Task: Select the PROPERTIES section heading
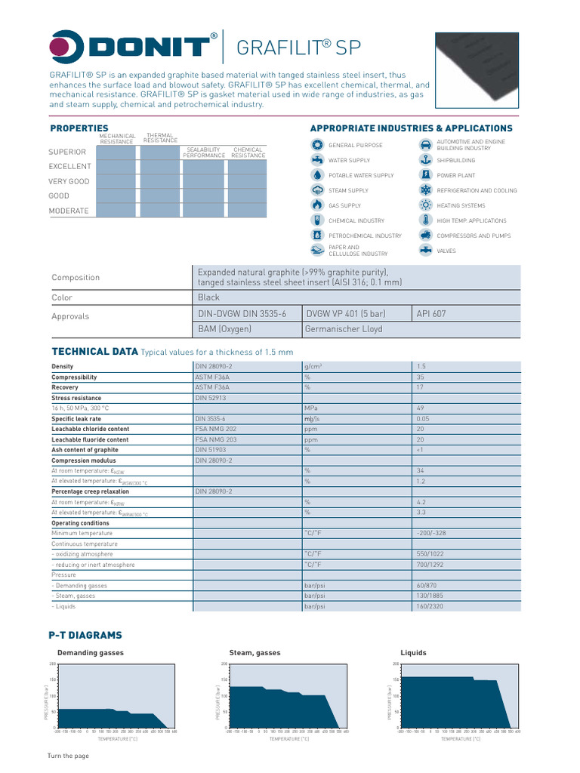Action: coord(79,128)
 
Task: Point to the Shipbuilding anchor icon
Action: coord(425,160)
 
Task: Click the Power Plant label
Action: coord(456,175)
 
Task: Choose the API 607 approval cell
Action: coord(431,313)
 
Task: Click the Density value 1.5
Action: coord(421,366)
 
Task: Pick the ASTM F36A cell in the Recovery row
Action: coord(212,387)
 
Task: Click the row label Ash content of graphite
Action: coord(85,450)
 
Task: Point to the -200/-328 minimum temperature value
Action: coord(431,533)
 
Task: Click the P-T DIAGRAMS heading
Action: coord(85,636)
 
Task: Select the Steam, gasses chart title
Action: coord(254,653)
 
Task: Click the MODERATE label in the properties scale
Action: coord(69,211)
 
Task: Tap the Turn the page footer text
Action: coord(68,756)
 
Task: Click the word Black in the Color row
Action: coord(208,298)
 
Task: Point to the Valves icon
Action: coord(425,251)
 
